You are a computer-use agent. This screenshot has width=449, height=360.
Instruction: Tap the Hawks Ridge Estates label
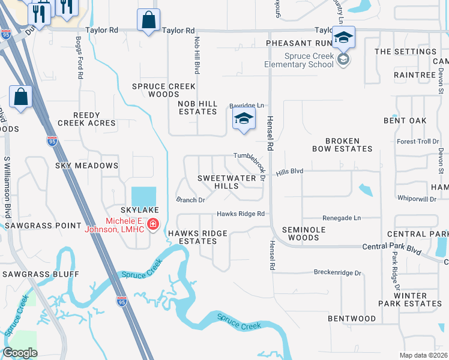(197, 237)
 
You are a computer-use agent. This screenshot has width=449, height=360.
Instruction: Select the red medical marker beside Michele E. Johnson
(153, 224)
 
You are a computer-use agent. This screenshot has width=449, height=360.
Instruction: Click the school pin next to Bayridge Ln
(243, 119)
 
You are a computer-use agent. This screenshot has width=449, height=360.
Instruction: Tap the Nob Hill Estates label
(197, 107)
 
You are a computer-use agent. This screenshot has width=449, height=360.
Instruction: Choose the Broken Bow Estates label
(342, 145)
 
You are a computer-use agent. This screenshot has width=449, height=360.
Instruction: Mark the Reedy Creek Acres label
(86, 119)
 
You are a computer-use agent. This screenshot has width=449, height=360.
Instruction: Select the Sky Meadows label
(86, 165)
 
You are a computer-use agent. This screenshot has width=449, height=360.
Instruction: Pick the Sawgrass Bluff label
(40, 274)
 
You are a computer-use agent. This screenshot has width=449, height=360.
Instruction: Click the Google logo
(20, 353)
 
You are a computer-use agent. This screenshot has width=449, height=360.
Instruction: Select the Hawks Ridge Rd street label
(241, 214)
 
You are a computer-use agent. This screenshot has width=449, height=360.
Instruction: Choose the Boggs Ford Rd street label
(79, 58)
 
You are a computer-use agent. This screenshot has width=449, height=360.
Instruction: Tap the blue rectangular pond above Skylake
(143, 196)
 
